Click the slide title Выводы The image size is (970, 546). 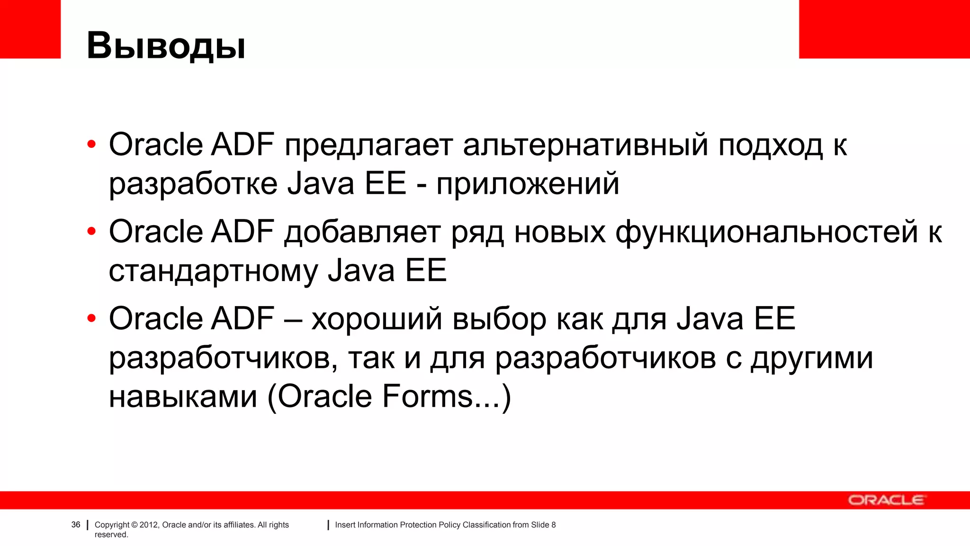click(x=166, y=45)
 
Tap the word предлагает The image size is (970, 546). click(x=368, y=146)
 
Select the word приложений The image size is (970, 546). click(x=528, y=184)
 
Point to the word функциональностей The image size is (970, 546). click(x=767, y=232)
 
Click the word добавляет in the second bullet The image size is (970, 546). click(x=362, y=232)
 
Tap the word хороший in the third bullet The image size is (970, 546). click(x=377, y=319)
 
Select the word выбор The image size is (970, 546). click(x=499, y=319)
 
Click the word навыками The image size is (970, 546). click(x=183, y=397)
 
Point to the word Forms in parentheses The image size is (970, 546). click(x=427, y=397)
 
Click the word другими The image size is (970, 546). click(x=812, y=358)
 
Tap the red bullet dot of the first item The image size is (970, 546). click(x=92, y=145)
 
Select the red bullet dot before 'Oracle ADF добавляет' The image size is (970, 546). click(x=92, y=232)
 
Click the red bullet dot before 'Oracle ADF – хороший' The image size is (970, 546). click(x=92, y=318)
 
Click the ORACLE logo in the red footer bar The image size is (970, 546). click(x=886, y=500)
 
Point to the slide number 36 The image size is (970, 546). click(x=76, y=525)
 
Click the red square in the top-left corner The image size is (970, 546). click(x=30, y=28)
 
